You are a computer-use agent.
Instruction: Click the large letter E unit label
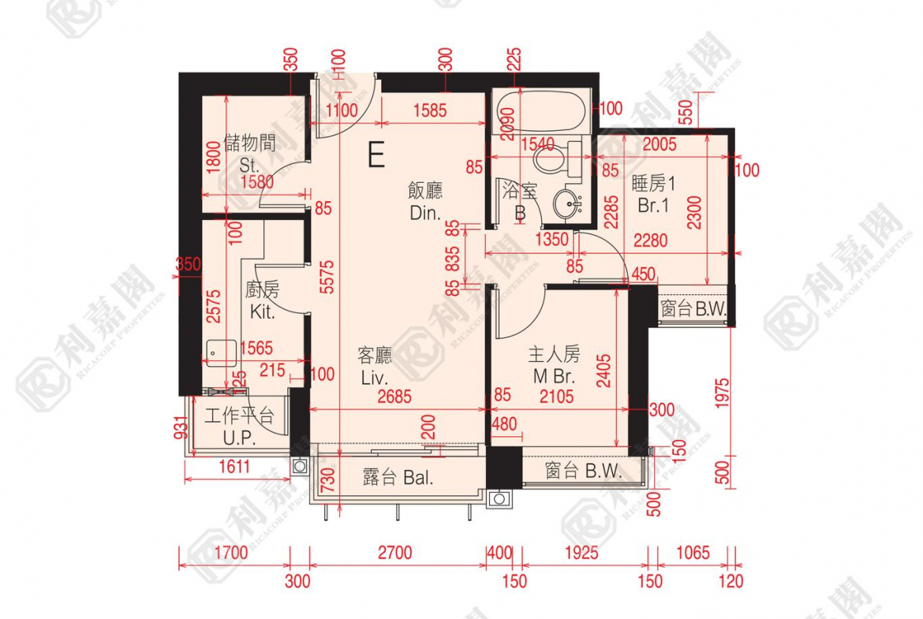[376, 155]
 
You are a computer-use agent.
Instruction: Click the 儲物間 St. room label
[249, 153]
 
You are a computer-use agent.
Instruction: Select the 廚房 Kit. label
[262, 301]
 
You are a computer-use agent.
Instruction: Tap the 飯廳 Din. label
[425, 202]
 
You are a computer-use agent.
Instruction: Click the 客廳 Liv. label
[376, 367]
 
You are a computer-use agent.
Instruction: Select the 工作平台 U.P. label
[239, 426]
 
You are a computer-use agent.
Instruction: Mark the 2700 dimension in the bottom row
[394, 553]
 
